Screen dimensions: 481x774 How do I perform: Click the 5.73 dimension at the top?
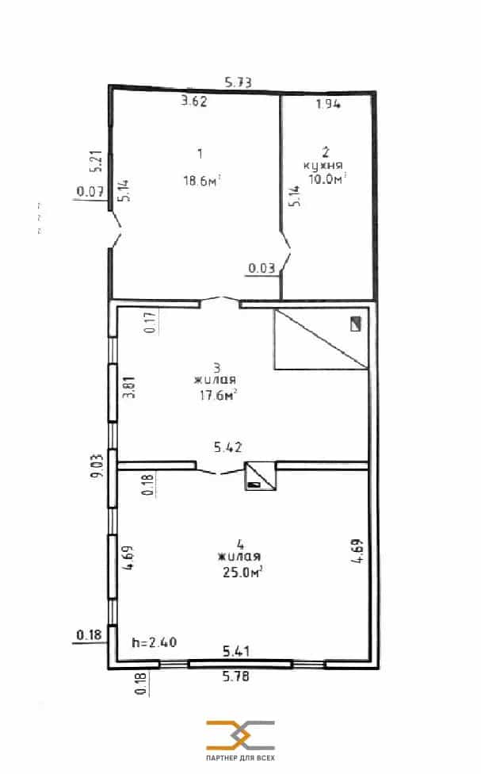(x=239, y=82)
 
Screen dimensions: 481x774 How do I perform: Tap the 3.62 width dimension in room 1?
(x=194, y=102)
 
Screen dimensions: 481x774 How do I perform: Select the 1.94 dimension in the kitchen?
(x=329, y=104)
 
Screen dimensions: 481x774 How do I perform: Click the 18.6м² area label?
(x=202, y=181)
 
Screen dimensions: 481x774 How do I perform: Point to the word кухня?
(x=323, y=166)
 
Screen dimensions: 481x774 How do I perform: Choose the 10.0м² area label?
(x=327, y=178)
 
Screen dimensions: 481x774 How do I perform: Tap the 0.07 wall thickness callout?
(x=90, y=192)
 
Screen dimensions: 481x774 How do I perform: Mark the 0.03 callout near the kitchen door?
(x=261, y=268)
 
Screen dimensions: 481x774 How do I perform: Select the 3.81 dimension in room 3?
(x=128, y=388)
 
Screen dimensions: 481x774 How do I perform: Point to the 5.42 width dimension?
(x=228, y=447)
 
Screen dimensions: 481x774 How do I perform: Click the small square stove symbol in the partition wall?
(x=261, y=476)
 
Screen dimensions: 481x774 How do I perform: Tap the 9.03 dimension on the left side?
(x=97, y=466)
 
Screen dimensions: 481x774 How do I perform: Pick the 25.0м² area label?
(x=242, y=572)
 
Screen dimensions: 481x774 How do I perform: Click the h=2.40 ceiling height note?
(x=155, y=642)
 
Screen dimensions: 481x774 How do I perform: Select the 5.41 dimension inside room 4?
(x=236, y=651)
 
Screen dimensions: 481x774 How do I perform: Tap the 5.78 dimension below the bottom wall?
(x=236, y=676)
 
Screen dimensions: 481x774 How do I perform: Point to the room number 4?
(x=240, y=545)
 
